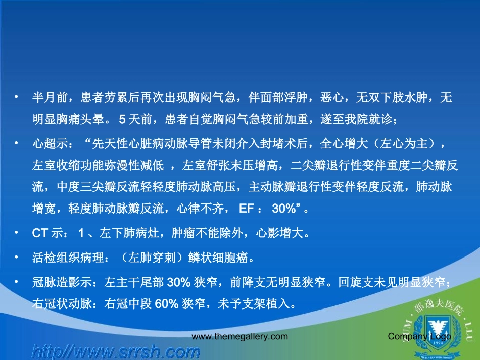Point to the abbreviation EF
[x=252, y=208]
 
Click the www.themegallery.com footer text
[x=239, y=336]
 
